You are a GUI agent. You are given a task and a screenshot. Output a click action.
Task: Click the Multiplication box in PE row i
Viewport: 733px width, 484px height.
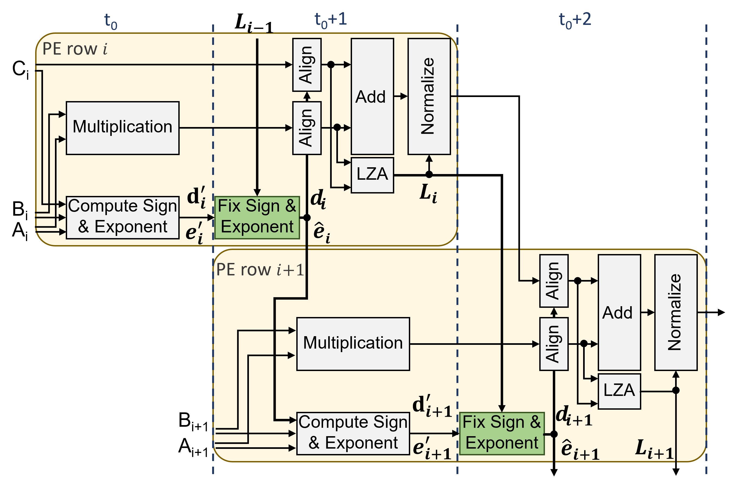pos(122,128)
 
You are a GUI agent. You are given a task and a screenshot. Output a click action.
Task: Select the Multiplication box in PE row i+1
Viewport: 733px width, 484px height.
pos(353,344)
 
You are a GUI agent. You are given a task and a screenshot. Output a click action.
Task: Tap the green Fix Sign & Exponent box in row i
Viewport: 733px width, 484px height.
pos(257,218)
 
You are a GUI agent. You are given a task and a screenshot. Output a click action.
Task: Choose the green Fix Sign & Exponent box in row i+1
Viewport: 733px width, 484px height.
pos(502,433)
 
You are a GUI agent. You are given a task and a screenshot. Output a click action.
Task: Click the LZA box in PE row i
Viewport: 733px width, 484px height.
pos(372,175)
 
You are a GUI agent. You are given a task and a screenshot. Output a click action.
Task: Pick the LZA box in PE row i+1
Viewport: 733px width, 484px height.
pos(619,391)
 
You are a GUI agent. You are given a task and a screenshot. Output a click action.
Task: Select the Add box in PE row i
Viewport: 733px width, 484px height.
pos(372,96)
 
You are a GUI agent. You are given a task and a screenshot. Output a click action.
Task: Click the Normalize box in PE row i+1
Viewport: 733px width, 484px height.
pos(676,312)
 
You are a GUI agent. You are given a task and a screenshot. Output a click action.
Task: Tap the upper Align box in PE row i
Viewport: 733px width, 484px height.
pos(307,65)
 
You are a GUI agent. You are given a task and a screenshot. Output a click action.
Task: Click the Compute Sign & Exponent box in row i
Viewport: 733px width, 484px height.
pos(122,218)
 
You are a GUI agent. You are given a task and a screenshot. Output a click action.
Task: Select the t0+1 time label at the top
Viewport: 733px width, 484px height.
pos(331,20)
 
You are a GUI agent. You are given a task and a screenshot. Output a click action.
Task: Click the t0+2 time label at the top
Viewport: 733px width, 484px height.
pos(575,20)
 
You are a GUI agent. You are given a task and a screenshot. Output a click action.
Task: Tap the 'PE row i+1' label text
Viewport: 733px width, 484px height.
pos(260,270)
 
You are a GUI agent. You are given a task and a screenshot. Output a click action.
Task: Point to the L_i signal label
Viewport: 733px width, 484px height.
pos(428,193)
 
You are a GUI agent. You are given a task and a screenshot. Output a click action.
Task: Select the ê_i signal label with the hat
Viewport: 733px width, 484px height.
pos(322,233)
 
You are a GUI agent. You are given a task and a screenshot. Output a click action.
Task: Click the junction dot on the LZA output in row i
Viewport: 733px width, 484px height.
pos(429,174)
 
